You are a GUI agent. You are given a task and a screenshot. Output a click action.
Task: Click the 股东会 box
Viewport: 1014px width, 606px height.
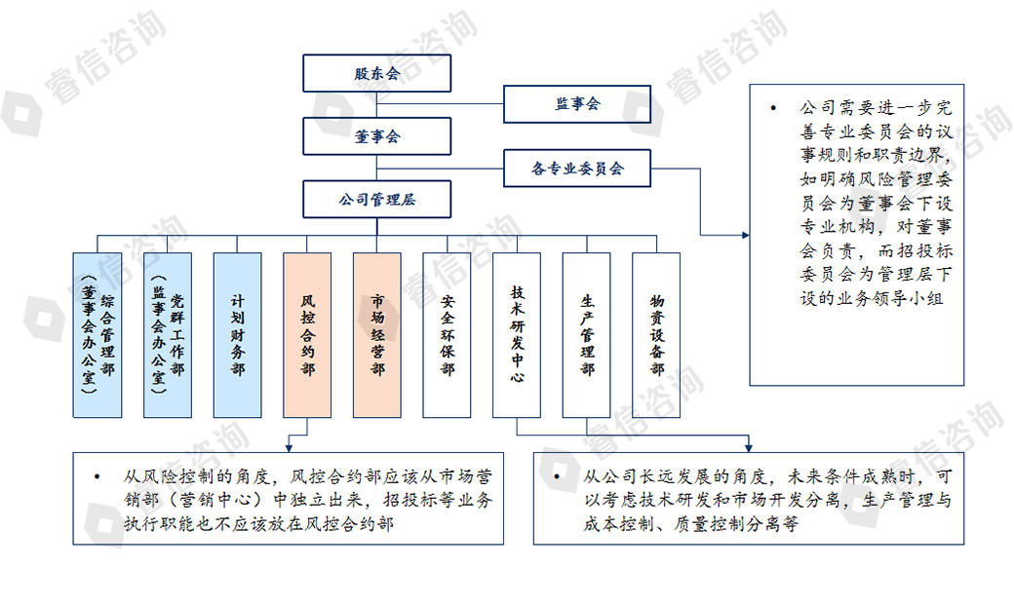pos(376,73)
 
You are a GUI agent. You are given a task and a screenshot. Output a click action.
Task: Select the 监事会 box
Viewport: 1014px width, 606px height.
pos(576,104)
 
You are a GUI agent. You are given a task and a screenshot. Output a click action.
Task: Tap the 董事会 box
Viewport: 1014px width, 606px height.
pos(376,136)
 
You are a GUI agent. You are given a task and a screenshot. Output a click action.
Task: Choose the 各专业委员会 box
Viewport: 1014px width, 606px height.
pos(576,169)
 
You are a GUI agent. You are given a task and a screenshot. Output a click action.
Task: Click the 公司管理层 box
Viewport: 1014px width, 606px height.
pos(376,200)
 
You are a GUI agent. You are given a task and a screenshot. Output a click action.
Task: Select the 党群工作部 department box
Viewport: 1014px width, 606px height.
pos(167,335)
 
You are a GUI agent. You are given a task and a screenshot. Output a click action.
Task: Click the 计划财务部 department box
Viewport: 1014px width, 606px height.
pos(237,335)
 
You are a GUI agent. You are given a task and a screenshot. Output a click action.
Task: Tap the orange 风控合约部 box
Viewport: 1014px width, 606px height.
pos(307,335)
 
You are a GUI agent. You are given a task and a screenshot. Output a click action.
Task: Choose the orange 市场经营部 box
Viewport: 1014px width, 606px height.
pos(377,335)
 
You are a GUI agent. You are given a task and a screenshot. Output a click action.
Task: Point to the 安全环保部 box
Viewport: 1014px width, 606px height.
pos(448,335)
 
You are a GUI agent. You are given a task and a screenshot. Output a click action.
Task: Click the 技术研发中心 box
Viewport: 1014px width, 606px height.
pos(517,335)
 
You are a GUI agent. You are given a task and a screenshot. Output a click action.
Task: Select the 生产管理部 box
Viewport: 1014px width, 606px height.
pos(587,335)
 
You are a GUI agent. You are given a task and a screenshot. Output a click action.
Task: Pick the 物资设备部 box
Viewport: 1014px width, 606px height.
pos(656,335)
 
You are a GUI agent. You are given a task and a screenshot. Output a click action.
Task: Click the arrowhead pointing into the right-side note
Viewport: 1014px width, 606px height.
pos(743,235)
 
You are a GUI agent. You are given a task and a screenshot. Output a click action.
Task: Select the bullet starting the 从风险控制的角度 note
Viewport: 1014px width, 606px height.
pos(97,477)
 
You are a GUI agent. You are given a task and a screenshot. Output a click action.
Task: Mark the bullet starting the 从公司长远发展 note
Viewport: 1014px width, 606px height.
pos(557,477)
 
